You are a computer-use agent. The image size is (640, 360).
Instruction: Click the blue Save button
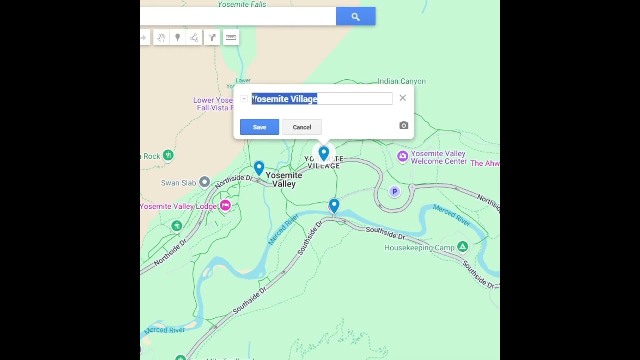(x=259, y=127)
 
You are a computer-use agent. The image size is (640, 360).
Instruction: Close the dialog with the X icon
(x=403, y=98)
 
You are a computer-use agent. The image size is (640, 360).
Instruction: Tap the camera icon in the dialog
(x=404, y=125)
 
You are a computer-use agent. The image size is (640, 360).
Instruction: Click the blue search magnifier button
(x=355, y=17)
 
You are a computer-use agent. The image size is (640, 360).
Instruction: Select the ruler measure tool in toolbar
(x=231, y=37)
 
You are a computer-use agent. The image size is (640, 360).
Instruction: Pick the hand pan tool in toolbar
(x=161, y=37)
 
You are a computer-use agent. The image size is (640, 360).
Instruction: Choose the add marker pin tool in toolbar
(x=177, y=37)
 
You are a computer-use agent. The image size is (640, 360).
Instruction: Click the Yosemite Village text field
(x=321, y=99)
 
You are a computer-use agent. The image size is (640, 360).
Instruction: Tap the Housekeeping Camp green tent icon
(x=462, y=247)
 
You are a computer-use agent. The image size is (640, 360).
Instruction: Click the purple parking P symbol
(x=394, y=191)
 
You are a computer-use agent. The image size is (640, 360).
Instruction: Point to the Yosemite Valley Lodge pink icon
(x=225, y=205)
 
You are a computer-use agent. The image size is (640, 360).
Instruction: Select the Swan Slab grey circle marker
(x=204, y=182)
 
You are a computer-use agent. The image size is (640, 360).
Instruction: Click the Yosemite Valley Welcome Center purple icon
(x=402, y=156)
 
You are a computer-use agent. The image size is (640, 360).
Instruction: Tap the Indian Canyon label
(x=401, y=81)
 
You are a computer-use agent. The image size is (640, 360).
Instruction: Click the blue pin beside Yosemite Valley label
(x=259, y=168)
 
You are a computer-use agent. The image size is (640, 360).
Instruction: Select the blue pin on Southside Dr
(x=334, y=205)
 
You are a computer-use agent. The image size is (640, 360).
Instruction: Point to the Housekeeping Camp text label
(x=419, y=248)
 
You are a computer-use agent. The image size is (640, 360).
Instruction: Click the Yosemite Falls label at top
(x=242, y=4)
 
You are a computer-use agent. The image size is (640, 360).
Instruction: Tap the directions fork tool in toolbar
(x=212, y=37)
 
